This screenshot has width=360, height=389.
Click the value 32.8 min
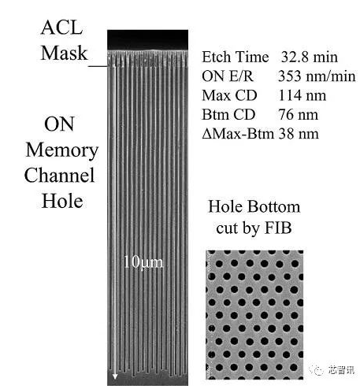pyautogui.click(x=310, y=57)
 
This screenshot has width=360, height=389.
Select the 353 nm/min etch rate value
pyautogui.click(x=317, y=76)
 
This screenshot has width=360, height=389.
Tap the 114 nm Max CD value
pyautogui.click(x=302, y=95)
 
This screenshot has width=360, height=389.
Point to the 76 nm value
pyautogui.click(x=299, y=114)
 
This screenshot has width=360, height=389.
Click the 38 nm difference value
pyautogui.click(x=299, y=134)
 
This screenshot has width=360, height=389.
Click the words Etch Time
pyautogui.click(x=236, y=57)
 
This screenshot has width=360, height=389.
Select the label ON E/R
pyautogui.click(x=228, y=76)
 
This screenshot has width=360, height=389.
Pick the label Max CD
pyautogui.click(x=229, y=95)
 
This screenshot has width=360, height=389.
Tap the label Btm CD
pyautogui.click(x=228, y=114)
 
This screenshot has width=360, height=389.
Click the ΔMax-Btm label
pyautogui.click(x=238, y=134)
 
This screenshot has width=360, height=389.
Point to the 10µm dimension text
pyautogui.click(x=143, y=262)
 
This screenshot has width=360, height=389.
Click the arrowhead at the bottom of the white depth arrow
pyautogui.click(x=115, y=376)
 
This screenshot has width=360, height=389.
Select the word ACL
pyautogui.click(x=62, y=28)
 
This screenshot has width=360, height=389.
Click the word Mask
pyautogui.click(x=64, y=53)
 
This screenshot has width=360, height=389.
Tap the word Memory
pyautogui.click(x=62, y=150)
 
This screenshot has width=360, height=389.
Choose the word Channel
pyautogui.click(x=59, y=175)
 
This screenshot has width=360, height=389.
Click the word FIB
pyautogui.click(x=278, y=228)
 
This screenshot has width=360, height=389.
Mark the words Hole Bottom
pyautogui.click(x=254, y=206)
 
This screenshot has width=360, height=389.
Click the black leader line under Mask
pyautogui.click(x=98, y=66)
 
